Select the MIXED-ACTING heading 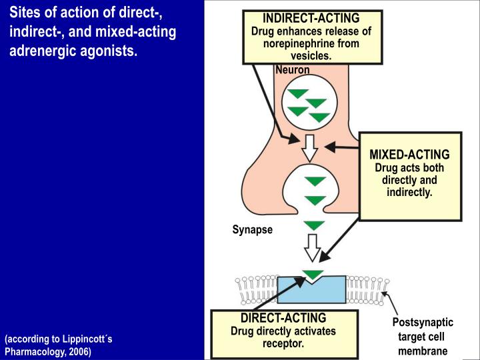[409, 155]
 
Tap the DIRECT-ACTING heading [283, 318]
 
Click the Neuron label [293, 69]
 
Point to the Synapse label [253, 229]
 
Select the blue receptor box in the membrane [311, 290]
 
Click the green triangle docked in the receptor [313, 275]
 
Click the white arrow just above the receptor [312, 246]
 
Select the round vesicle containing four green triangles [308, 105]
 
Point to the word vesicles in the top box [311, 56]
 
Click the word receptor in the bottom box [283, 344]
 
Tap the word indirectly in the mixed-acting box [409, 193]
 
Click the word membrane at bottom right [423, 351]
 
